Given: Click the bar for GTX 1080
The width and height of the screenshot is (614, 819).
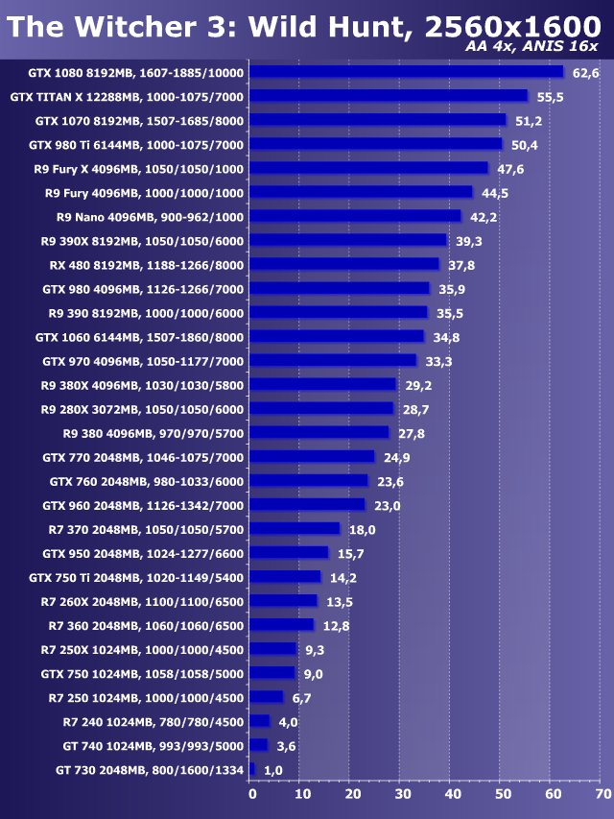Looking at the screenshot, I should point(407,72).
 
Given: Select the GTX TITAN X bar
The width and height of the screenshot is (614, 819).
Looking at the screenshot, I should point(389,96).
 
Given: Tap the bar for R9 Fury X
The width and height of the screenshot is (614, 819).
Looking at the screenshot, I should point(369,168).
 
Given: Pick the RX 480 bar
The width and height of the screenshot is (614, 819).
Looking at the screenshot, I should point(344,264).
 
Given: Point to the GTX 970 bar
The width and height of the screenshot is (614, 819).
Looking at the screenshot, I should point(333,361).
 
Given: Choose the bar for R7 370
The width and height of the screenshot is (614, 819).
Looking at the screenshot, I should point(295,529).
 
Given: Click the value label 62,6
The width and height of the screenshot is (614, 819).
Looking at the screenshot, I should point(585,73).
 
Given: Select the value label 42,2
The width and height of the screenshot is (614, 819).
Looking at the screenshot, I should point(483,217).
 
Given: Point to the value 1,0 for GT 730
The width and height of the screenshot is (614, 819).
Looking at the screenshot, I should point(273,770).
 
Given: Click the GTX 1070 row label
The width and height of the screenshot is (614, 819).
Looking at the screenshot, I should point(139,121).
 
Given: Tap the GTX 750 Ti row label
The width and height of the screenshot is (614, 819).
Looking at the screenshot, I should point(136,577).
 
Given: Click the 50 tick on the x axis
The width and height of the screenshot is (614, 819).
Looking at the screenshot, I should point(503,794).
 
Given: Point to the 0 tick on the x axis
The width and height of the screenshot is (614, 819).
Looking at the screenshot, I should point(252,794).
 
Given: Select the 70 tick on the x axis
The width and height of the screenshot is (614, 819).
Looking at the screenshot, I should point(602,794).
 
